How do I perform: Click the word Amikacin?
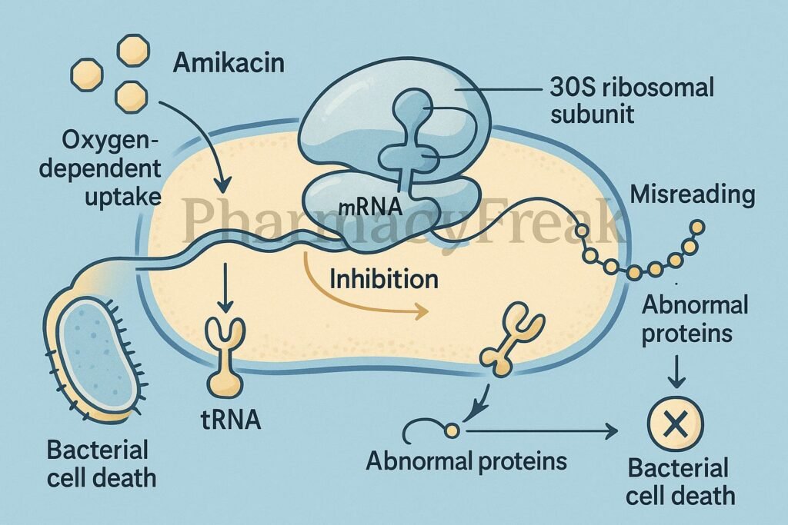point(229,61)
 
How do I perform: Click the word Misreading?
point(692,194)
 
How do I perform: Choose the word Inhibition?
point(383,277)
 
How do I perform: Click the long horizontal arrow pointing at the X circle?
point(539,431)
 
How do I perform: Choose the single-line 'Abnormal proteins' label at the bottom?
point(466,461)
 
